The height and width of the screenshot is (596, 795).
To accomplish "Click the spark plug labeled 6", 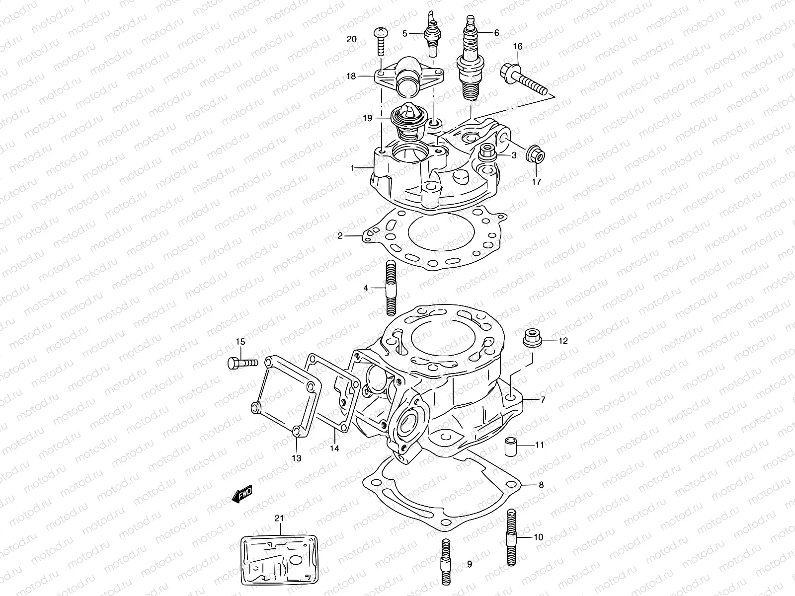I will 470,60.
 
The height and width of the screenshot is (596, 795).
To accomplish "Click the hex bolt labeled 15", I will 242,363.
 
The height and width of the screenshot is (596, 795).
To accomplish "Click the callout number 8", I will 541,485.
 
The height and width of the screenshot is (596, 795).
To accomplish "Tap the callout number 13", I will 296,458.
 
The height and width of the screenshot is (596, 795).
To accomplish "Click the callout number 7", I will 543,399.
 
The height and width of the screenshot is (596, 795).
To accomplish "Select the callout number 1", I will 352,168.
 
